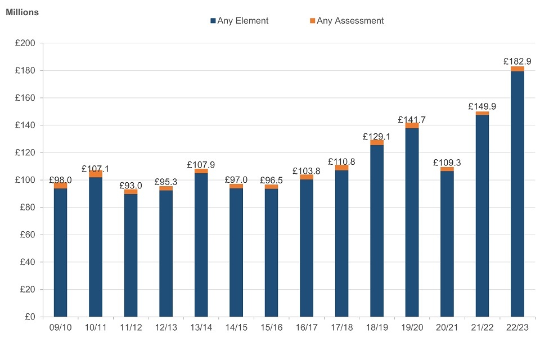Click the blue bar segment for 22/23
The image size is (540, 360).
click(x=517, y=194)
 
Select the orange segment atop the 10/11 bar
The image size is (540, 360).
click(x=96, y=174)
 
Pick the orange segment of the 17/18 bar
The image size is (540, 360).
click(x=341, y=168)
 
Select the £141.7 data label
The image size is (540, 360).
click(x=412, y=119)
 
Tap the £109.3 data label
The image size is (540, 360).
click(x=447, y=162)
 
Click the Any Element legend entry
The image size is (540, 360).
click(x=239, y=21)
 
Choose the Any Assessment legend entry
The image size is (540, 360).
click(x=346, y=21)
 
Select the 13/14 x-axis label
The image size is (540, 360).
click(x=201, y=327)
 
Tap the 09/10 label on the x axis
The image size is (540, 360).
click(x=60, y=327)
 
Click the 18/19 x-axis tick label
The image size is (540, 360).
click(x=376, y=327)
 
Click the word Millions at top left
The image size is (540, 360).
click(x=22, y=12)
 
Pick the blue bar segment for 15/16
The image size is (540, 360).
click(x=271, y=253)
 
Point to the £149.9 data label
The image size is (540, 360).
click(x=482, y=106)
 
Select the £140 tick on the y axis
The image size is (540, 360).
click(x=24, y=125)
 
